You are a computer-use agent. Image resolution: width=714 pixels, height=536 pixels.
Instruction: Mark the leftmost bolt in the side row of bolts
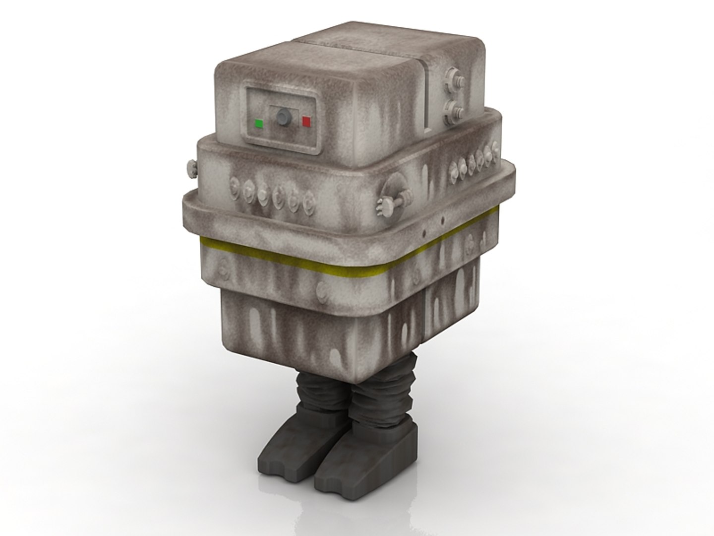[x=453, y=171]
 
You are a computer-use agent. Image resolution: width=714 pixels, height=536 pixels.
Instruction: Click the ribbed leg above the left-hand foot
[x=317, y=392]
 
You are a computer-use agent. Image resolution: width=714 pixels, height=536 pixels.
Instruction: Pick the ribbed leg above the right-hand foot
[x=377, y=397]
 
